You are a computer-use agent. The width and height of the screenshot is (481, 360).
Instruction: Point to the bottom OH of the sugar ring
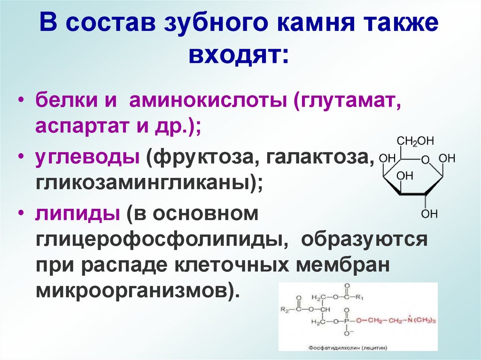click(429, 214)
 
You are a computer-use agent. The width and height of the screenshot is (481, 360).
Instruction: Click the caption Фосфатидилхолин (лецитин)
click(348, 348)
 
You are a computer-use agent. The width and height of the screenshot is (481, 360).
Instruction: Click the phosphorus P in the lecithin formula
click(346, 321)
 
